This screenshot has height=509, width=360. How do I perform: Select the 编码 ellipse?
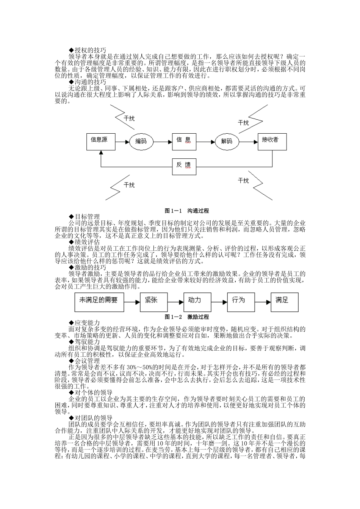coord(141,142)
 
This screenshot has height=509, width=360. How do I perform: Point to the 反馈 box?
coord(184,165)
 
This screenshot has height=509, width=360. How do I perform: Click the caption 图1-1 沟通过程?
coord(187,211)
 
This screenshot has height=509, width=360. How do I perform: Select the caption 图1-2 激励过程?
coord(187,317)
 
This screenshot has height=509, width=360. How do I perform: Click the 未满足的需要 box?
coord(99,301)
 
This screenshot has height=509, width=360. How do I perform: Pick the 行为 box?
coord(240,301)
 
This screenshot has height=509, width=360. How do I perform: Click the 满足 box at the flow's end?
coord(284,301)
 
